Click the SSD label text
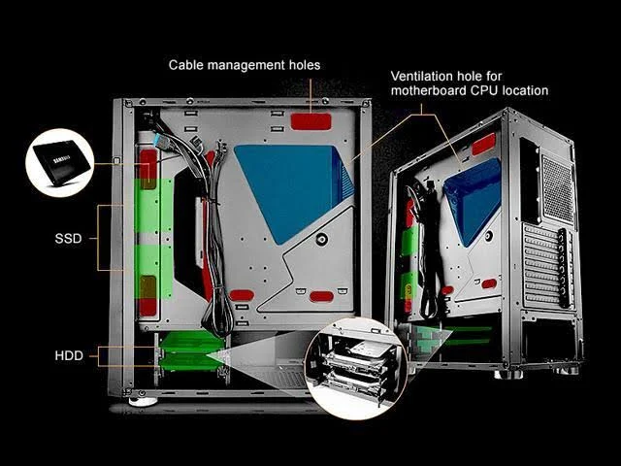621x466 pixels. [68, 239]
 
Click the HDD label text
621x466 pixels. [69, 355]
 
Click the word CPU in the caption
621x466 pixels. [484, 90]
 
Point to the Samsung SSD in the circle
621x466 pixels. [60, 162]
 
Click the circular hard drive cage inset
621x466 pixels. [356, 368]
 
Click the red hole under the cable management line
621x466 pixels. [310, 121]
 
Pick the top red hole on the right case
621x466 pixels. [483, 145]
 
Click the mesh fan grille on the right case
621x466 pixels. [558, 188]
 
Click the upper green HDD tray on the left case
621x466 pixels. [189, 342]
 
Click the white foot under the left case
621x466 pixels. [143, 402]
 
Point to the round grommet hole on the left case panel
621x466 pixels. [321, 240]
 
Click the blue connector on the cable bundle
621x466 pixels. [157, 140]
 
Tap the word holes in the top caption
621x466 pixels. [305, 65]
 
